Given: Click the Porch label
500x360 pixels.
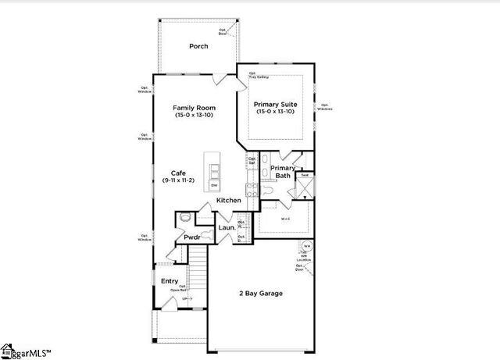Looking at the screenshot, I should [198, 46].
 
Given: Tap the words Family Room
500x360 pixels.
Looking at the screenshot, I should [194, 108].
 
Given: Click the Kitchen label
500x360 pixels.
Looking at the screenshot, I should [228, 201].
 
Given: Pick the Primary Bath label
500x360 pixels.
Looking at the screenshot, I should [283, 172].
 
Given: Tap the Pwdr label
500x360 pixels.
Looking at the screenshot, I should [192, 237].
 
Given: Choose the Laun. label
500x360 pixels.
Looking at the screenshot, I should [227, 228].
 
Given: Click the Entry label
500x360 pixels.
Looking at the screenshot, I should [170, 281].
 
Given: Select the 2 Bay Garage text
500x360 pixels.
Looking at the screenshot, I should [261, 294].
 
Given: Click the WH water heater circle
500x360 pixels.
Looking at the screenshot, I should [307, 247].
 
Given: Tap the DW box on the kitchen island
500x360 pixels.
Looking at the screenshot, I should [213, 185].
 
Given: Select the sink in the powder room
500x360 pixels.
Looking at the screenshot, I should [186, 217].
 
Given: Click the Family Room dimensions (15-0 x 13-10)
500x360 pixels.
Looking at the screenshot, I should [194, 116].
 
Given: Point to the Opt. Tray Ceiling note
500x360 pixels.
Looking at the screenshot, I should [258, 77].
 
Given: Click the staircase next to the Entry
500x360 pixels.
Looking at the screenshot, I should [198, 273].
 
